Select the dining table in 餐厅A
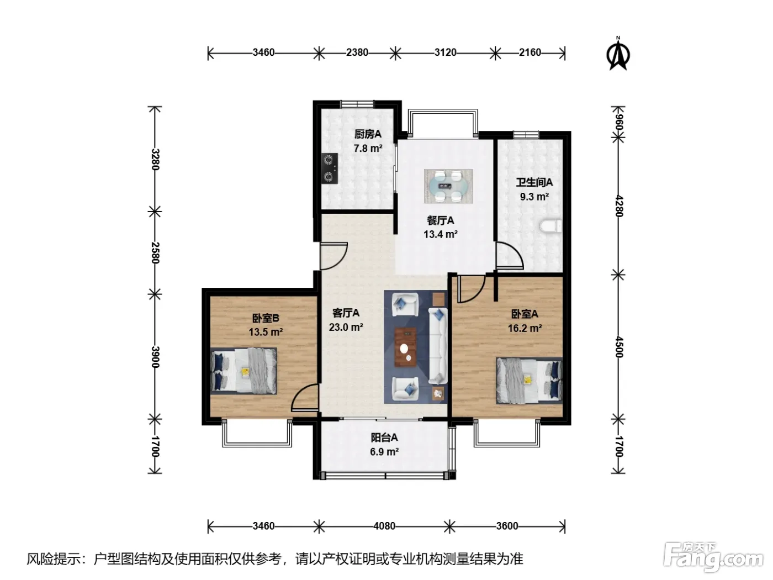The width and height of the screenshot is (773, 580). [x=448, y=186]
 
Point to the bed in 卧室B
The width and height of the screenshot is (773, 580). [x=243, y=371]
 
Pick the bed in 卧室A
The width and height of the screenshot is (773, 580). [x=529, y=381]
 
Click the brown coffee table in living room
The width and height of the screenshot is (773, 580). [x=405, y=347]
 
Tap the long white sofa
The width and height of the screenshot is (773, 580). [x=438, y=346]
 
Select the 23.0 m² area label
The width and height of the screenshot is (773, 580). [x=346, y=327]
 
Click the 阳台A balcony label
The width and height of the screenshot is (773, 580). [x=384, y=437]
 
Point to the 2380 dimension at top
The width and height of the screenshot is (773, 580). [x=357, y=52]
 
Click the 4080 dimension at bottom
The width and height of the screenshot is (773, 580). [x=384, y=526]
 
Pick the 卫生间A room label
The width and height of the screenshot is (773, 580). [x=534, y=182]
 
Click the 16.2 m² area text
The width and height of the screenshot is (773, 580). [x=525, y=328]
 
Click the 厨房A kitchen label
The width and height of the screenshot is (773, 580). [x=368, y=134]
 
